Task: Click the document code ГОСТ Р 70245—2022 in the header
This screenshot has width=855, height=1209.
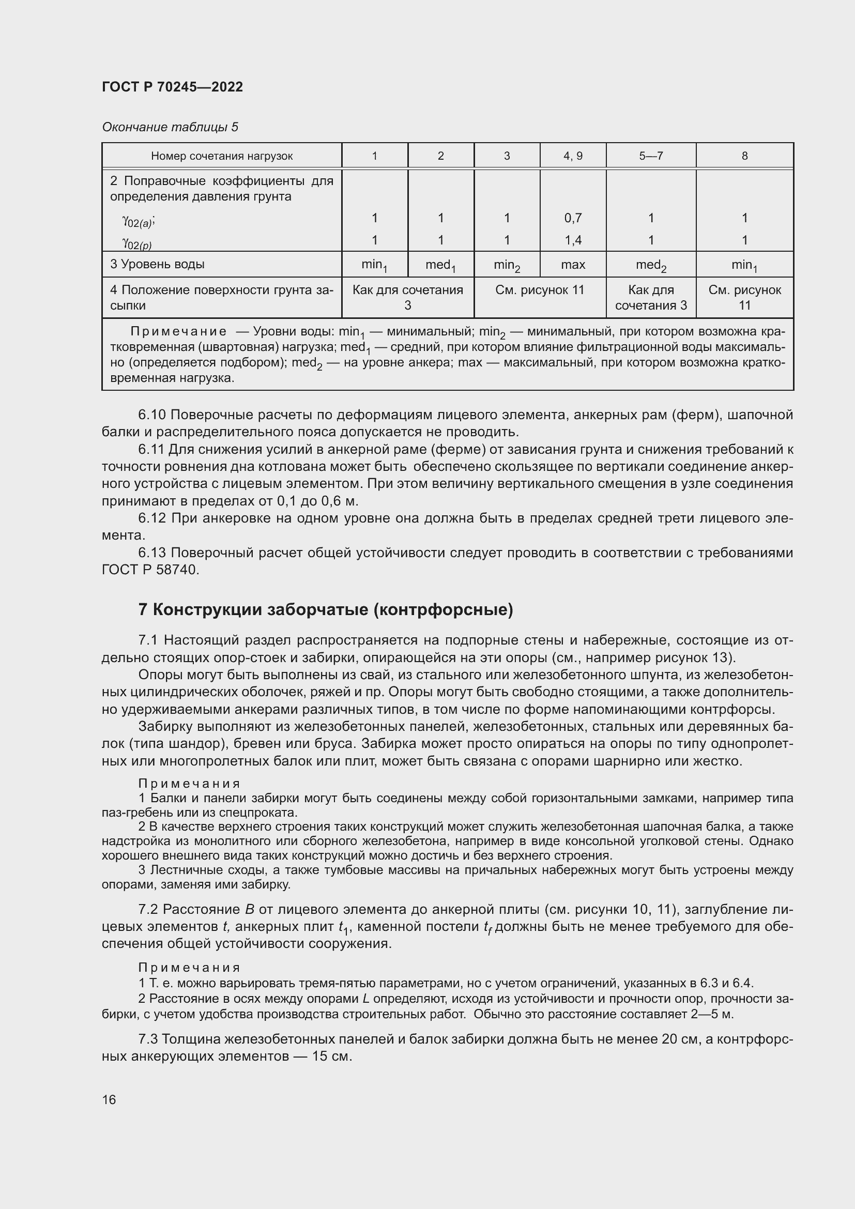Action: point(172,87)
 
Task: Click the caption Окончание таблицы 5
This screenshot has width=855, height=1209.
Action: point(170,127)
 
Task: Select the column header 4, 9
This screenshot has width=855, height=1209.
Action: point(572,156)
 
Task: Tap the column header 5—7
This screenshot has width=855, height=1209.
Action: point(651,156)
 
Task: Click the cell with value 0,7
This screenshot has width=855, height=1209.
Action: point(572,218)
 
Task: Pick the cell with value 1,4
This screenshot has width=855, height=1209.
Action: point(572,240)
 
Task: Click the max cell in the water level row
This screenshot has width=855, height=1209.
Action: point(572,264)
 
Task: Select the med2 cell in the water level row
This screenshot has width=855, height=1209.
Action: point(651,265)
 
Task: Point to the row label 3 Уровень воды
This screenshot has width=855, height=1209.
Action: point(157,264)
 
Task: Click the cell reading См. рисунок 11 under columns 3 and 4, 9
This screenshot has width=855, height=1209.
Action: point(540,290)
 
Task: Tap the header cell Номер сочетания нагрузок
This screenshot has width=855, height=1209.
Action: point(222,156)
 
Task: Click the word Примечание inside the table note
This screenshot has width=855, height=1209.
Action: point(178,332)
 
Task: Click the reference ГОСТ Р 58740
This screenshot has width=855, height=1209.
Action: point(150,570)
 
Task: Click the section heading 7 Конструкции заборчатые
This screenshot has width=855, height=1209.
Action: point(325,610)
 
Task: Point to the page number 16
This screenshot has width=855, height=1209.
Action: point(109,1099)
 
